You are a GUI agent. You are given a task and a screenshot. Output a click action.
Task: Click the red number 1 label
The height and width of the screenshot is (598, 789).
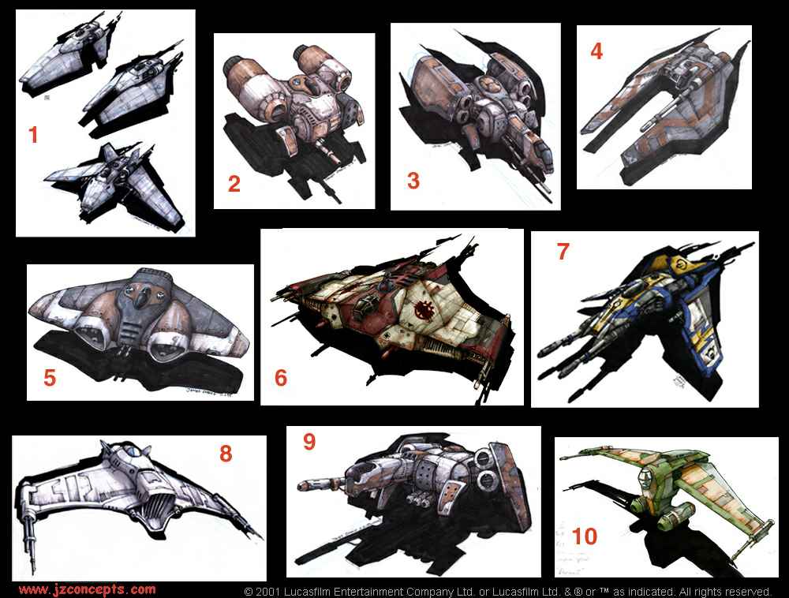[x=33, y=135]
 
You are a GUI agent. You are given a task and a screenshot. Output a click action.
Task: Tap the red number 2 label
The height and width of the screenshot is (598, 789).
[x=234, y=184]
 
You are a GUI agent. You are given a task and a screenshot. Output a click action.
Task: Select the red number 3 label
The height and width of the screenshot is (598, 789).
[x=413, y=180]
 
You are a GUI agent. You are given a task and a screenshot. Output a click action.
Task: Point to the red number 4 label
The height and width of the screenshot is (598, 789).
[x=596, y=51]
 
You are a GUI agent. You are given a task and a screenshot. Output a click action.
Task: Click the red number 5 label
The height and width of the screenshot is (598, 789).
[x=50, y=378]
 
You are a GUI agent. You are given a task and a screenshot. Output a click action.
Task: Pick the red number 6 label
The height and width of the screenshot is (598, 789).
[x=281, y=378]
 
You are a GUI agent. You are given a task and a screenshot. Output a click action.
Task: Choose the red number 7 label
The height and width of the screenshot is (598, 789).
[x=563, y=252]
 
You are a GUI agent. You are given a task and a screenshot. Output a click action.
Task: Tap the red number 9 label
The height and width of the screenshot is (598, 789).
[x=309, y=442]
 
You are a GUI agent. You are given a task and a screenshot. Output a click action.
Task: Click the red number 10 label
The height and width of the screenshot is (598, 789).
[x=585, y=537]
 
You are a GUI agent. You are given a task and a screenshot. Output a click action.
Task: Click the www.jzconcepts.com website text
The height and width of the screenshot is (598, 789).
[x=87, y=589]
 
